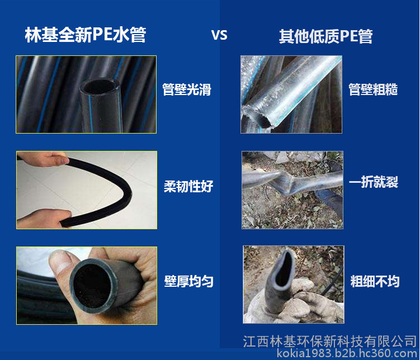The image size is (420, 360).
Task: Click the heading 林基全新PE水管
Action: pyautogui.click(x=86, y=35)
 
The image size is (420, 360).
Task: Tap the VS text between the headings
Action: pyautogui.click(x=219, y=35)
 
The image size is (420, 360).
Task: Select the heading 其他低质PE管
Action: pyautogui.click(x=325, y=36)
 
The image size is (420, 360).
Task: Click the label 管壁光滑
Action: pyautogui.click(x=187, y=89)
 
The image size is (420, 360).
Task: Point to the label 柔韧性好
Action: pyautogui.click(x=188, y=186)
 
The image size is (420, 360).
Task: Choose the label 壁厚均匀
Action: pyautogui.click(x=188, y=281)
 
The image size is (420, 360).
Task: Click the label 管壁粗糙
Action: pyautogui.click(x=373, y=89)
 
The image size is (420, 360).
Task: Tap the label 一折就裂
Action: pyautogui.click(x=374, y=182)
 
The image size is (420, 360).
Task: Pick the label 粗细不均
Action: pyautogui.click(x=375, y=281)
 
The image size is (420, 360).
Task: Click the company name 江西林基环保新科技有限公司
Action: pyautogui.click(x=330, y=342)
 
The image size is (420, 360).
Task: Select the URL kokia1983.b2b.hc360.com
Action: pyautogui.click(x=347, y=353)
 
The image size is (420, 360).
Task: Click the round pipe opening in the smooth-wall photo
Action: pyautogui.click(x=100, y=87)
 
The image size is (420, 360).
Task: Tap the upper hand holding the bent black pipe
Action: pyautogui.click(x=43, y=158)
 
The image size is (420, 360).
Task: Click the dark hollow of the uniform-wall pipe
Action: pyautogui.click(x=91, y=286)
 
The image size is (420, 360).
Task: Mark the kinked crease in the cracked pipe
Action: pyautogui.click(x=288, y=182)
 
